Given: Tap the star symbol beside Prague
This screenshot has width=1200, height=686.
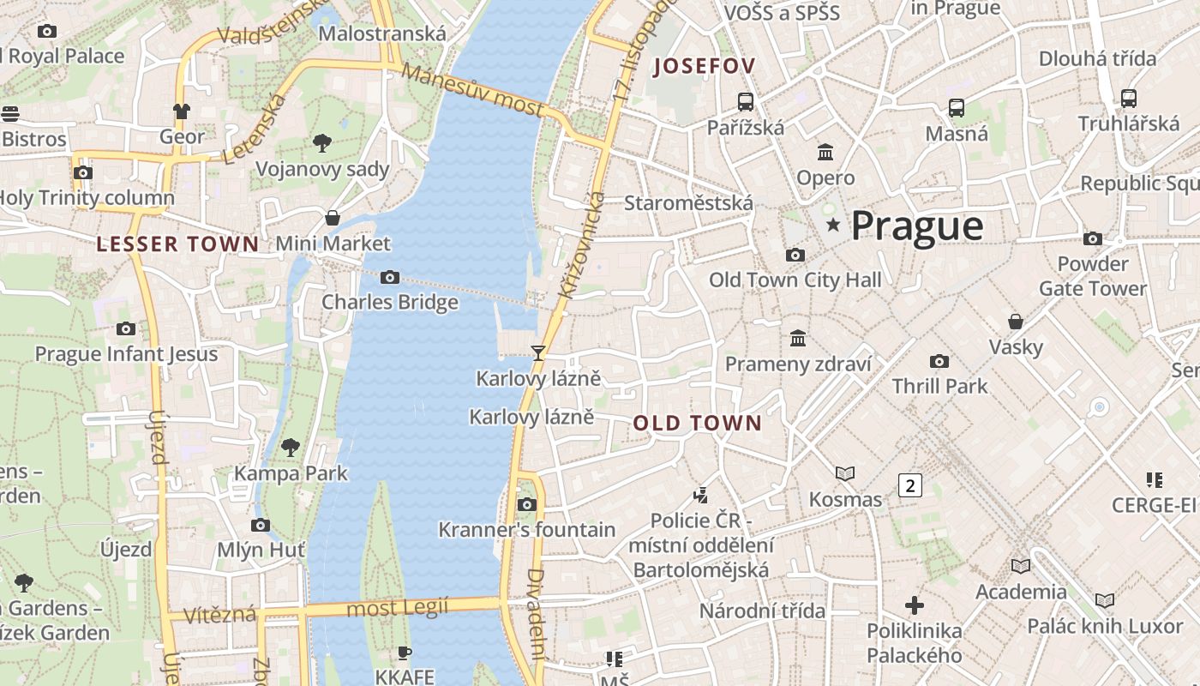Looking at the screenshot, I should pos(832,225).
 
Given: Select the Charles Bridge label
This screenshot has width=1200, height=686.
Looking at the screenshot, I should pos(390,303).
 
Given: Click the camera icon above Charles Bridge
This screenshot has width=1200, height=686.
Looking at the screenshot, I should pos(390,277).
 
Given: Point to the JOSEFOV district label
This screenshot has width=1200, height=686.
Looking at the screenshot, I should pos(704,66).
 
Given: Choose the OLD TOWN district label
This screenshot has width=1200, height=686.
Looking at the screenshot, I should pos(697,423).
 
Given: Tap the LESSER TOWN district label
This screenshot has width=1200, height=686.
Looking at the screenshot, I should pos(177,244).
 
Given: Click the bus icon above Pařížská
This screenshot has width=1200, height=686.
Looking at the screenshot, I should pos(746,102).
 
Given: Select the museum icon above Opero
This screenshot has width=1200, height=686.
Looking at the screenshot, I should pos(825,153).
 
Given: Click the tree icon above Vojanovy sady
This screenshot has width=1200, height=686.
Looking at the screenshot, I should pos(322,142).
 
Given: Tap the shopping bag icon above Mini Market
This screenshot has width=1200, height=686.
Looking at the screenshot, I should pos(333,218).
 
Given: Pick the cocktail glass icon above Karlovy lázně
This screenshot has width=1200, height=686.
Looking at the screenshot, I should pos(538,352).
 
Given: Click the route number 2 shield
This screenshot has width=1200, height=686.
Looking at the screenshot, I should pos(909,485).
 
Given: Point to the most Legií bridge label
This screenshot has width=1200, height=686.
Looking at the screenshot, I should pos(397,609).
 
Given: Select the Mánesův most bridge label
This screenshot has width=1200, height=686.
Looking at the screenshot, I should pos(472,90).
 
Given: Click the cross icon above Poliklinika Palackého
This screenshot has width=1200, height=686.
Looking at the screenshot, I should pos(915,605).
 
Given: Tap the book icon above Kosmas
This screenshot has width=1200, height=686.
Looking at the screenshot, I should pos(845,473).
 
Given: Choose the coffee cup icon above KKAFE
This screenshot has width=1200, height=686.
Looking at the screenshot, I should pos(405,653).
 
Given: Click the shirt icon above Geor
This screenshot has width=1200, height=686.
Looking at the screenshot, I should pos(182,111).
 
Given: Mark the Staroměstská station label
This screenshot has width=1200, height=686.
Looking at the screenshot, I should pos(688,203).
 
